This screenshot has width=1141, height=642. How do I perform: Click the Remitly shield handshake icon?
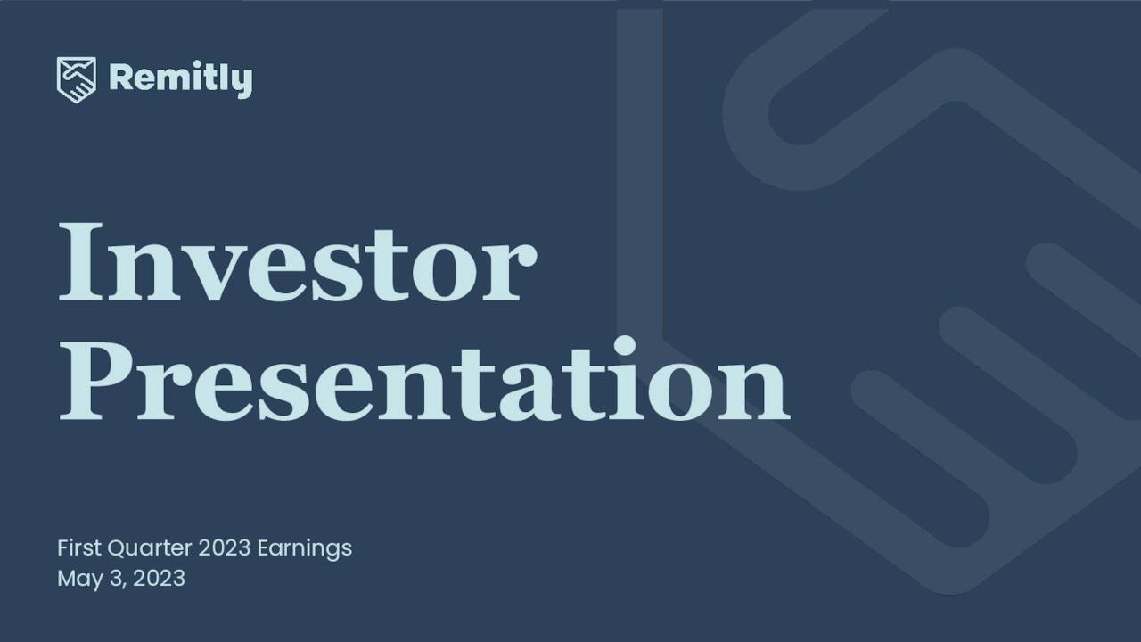point(76,79)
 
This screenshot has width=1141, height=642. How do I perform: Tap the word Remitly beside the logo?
point(180,79)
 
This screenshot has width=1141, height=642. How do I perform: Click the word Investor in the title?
point(297,260)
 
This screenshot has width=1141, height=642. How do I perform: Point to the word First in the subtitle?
point(79,547)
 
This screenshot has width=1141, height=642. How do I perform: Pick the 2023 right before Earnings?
point(225,547)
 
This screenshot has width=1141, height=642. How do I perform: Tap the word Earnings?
point(304,547)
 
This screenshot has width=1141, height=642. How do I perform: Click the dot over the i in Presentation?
point(625,347)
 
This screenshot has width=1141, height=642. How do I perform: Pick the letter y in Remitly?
point(242,83)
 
